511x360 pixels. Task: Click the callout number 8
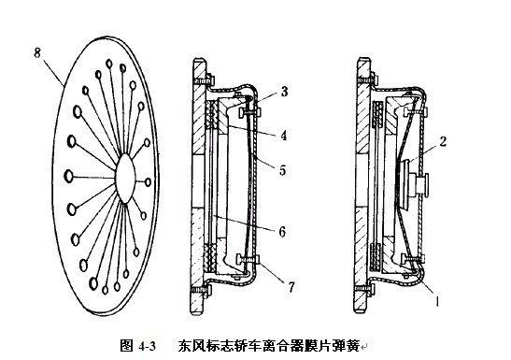coord(37,52)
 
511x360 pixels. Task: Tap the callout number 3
coord(285,92)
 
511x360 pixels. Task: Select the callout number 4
coord(284,135)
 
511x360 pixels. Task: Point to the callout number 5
coord(282,170)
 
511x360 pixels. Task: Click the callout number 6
coord(282,232)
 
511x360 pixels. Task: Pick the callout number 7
coord(291,287)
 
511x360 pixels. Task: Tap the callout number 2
coord(443,141)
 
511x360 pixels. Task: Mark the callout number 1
coord(437,301)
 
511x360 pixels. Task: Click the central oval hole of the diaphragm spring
coord(125,179)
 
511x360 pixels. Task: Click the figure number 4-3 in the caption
coord(148,346)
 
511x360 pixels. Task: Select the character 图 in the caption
coord(126,346)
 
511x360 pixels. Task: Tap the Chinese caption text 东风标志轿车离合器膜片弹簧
coord(268,346)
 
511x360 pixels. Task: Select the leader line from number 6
coord(244,223)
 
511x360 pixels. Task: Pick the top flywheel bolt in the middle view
coord(202,80)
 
